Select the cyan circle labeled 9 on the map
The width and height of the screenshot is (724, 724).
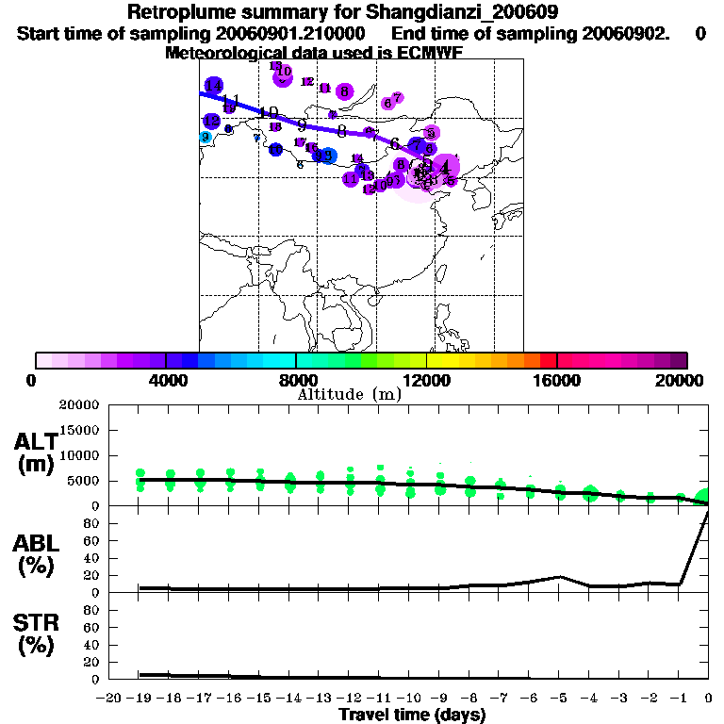pyautogui.click(x=206, y=138)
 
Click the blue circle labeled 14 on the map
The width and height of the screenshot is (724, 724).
pyautogui.click(x=214, y=86)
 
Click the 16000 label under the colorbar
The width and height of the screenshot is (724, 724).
pyautogui.click(x=556, y=380)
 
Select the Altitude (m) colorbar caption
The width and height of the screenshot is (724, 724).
pyautogui.click(x=349, y=394)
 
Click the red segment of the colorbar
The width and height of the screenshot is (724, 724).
pyautogui.click(x=548, y=360)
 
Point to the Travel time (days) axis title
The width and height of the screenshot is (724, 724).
pyautogui.click(x=412, y=715)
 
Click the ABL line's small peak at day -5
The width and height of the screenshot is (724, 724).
pyautogui.click(x=560, y=576)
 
